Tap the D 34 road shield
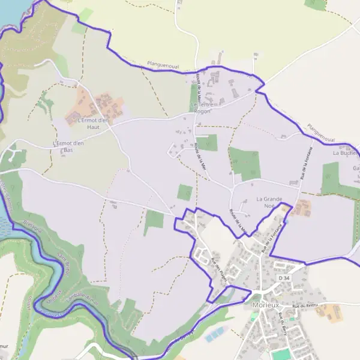(284, 278)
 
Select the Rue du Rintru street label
(304, 306)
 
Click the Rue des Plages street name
(220, 268)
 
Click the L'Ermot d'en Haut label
(96, 123)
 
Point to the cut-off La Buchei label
(345, 153)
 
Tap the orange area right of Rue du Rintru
(329, 311)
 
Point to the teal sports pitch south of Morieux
(280, 355)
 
